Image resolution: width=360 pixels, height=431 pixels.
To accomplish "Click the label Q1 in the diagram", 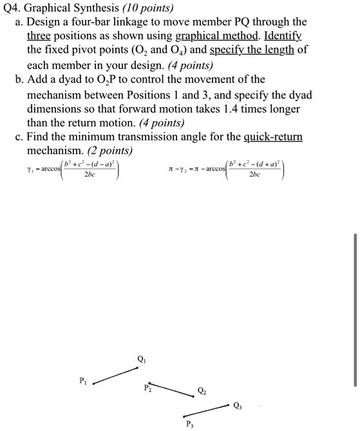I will [141, 359].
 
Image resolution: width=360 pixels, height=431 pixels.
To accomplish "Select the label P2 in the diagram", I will [148, 388].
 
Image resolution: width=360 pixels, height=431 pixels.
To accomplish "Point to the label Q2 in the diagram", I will [202, 391].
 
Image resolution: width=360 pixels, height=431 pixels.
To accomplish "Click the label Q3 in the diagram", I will [239, 405].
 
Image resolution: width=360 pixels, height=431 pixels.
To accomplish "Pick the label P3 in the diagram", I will [189, 424].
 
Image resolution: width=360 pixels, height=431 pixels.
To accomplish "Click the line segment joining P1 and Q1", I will [116, 376].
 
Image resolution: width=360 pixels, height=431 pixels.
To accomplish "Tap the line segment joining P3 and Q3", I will [207, 410].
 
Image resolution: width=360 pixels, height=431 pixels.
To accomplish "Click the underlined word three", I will [39, 36].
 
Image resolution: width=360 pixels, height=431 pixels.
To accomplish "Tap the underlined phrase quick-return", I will [273, 137].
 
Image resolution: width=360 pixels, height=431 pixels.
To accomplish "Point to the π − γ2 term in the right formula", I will [176, 171].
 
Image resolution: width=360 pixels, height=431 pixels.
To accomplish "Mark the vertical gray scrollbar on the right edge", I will [354, 309].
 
